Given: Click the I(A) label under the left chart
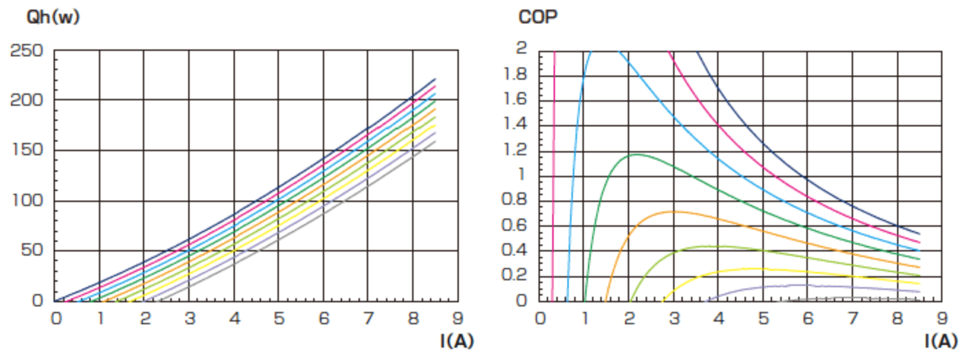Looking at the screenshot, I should click(x=457, y=341).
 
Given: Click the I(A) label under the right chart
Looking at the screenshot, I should click(x=940, y=341).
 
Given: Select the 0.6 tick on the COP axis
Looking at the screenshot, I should click(x=517, y=226).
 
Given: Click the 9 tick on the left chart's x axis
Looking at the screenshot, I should click(x=457, y=318).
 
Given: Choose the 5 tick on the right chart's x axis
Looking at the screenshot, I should click(x=762, y=318).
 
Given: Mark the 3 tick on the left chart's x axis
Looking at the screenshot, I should click(x=189, y=318).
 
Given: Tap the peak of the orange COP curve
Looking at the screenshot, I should click(x=672, y=211).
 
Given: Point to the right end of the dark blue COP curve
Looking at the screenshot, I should click(x=919, y=234).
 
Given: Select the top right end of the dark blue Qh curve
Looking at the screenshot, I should click(x=435, y=79).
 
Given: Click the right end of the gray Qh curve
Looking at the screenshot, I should click(x=435, y=142).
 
